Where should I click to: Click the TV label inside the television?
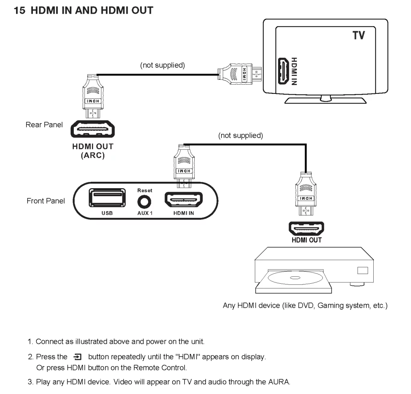[x=358, y=36]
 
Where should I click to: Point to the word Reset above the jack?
[x=145, y=190]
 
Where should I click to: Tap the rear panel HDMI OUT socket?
[x=93, y=130]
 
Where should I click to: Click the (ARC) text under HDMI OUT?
[x=93, y=155]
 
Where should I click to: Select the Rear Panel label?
[x=44, y=125]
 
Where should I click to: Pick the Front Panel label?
[x=46, y=201]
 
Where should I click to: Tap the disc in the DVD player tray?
[x=295, y=278]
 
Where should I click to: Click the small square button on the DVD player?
[x=362, y=270]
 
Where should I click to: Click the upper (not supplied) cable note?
[x=163, y=65]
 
